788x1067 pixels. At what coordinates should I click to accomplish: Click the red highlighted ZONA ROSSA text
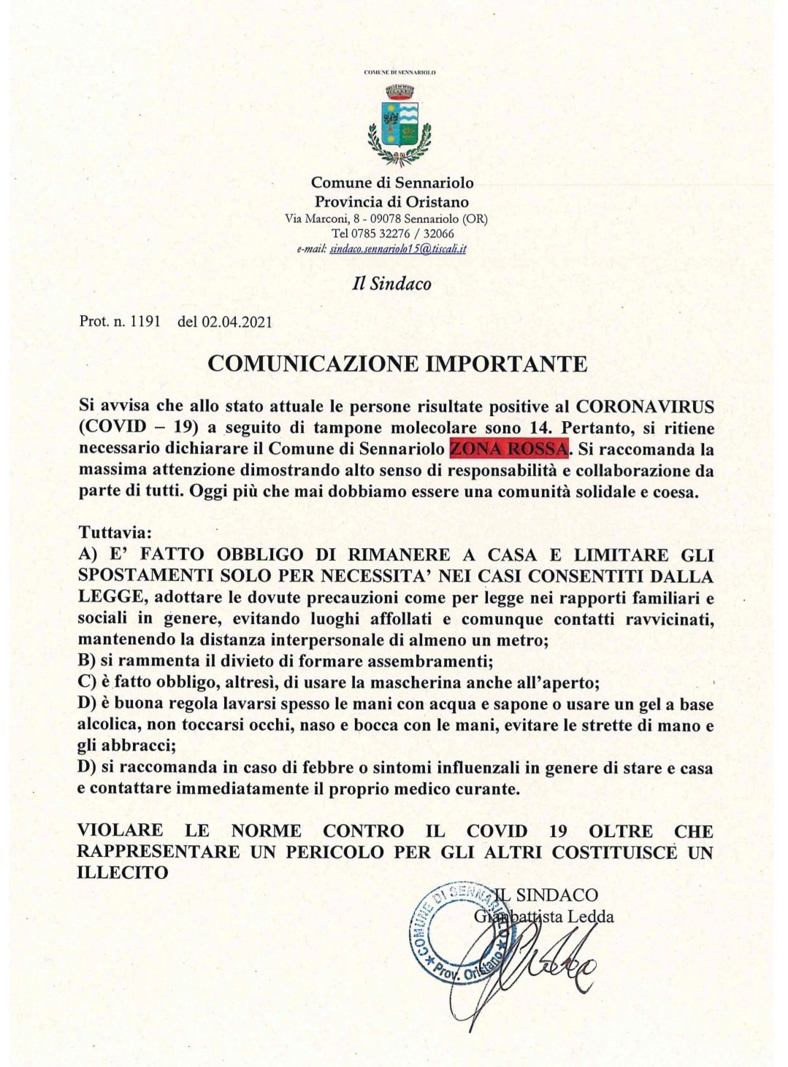click(509, 448)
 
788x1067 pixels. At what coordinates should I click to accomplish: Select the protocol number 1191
click(145, 321)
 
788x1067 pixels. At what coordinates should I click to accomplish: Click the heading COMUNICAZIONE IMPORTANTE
click(397, 363)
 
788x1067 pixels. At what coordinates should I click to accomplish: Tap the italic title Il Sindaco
click(391, 284)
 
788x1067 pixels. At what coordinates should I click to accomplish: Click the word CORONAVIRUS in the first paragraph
click(645, 406)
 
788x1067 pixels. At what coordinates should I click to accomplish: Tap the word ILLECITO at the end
click(123, 872)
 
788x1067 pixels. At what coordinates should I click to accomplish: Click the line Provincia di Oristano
click(391, 202)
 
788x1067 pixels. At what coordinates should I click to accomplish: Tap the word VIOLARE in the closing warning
click(121, 831)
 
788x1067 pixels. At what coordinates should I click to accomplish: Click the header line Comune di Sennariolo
click(392, 182)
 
